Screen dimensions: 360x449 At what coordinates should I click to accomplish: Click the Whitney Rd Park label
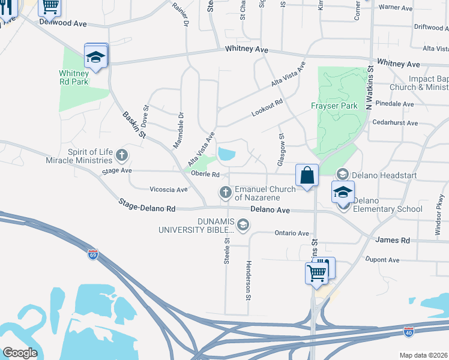coord(74,77)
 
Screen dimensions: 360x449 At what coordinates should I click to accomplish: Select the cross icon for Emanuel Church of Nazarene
coord(226,193)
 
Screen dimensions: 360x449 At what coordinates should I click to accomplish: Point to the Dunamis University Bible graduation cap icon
coord(243,225)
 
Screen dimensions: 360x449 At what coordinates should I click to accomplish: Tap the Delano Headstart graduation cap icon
coord(342,174)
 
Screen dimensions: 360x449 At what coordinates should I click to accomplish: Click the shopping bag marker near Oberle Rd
coord(307,176)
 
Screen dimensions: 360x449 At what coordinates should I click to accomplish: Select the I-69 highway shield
coord(92,254)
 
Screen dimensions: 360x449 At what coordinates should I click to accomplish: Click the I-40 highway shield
coord(408,331)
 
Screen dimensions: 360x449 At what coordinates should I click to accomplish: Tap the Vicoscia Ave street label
coord(169,190)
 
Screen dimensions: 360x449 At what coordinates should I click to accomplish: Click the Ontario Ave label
coord(291,233)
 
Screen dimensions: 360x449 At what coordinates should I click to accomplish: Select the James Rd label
coord(393,240)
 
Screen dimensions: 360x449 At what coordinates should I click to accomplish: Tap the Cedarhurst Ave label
coord(395,122)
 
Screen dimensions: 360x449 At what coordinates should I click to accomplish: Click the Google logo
coord(20,353)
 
